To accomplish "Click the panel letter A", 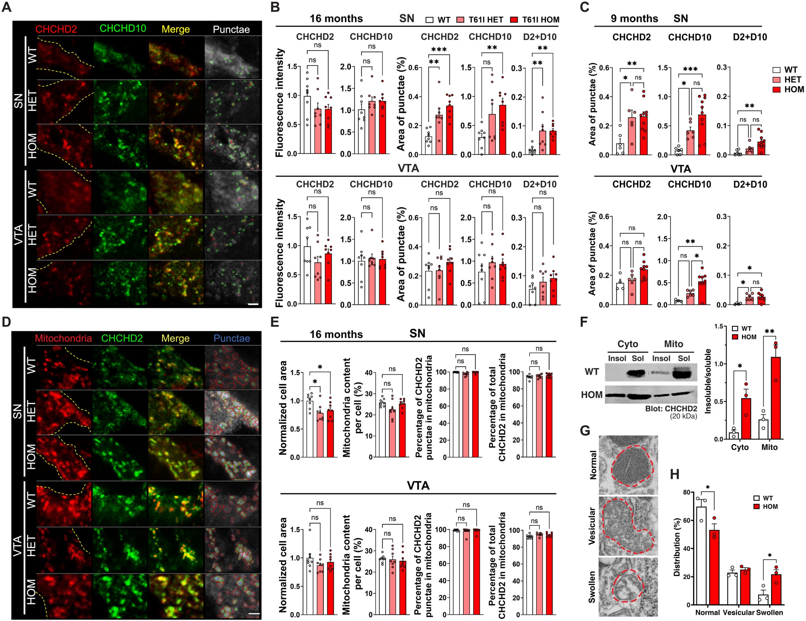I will tap(6, 7).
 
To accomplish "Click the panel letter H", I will tap(674, 474).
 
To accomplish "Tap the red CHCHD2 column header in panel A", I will tap(56, 29).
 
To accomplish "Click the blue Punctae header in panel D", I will tap(232, 338).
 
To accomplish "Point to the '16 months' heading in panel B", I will tap(336, 19).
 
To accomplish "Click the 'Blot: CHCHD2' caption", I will tap(671, 409).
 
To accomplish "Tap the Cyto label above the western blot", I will tap(627, 344).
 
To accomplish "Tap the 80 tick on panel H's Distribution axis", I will tap(686, 493).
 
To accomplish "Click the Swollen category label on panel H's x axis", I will tap(769, 613).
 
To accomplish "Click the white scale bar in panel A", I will tap(253, 305).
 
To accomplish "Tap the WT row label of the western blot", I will tap(592, 371).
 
